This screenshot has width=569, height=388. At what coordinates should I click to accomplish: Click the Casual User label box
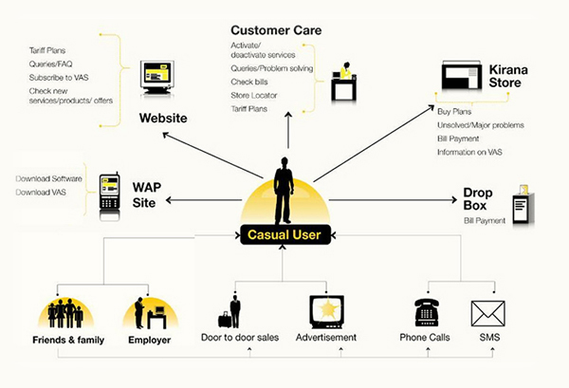(284, 235)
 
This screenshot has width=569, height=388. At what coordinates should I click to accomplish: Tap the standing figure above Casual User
(284, 190)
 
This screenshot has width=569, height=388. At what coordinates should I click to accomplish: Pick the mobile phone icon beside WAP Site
(109, 191)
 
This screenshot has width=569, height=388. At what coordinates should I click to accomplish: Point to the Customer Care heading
(276, 30)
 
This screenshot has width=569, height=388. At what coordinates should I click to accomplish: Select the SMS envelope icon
(487, 312)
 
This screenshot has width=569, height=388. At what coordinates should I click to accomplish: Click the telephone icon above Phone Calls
(428, 311)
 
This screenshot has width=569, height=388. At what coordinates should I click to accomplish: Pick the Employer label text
(150, 339)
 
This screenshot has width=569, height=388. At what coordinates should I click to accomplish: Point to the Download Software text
(48, 179)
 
